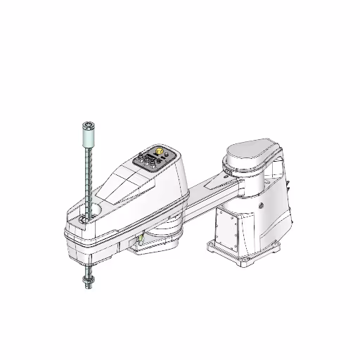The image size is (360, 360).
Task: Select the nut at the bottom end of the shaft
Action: (88, 281)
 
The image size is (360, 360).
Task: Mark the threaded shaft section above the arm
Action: (88, 176)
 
